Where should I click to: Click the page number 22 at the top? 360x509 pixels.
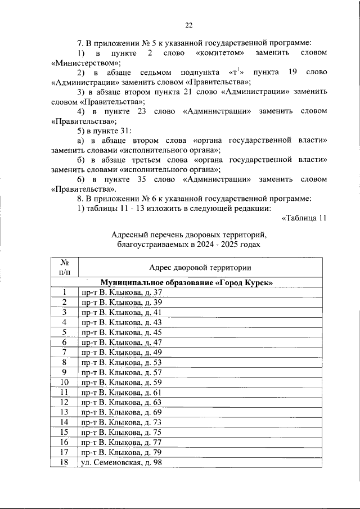click(x=189, y=25)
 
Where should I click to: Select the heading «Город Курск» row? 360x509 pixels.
click(x=187, y=282)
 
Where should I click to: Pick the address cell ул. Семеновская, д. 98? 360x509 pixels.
click(x=125, y=463)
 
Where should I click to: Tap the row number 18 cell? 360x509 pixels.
click(x=65, y=463)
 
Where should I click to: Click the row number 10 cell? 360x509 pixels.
click(x=65, y=382)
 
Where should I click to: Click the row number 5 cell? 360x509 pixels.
click(x=65, y=332)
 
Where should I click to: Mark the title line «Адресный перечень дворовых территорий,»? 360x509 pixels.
click(x=189, y=235)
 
